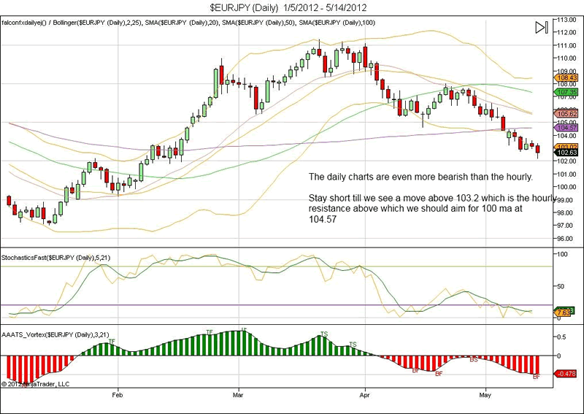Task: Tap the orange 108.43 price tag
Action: click(566, 77)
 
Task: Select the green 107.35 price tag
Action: click(566, 93)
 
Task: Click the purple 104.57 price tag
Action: click(566, 127)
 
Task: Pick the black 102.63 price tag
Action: click(566, 153)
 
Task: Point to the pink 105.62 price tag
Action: click(566, 114)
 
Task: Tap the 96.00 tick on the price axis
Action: click(566, 238)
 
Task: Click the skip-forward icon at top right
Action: click(541, 28)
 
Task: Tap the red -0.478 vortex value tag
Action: click(566, 374)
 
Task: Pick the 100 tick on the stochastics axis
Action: click(561, 254)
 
